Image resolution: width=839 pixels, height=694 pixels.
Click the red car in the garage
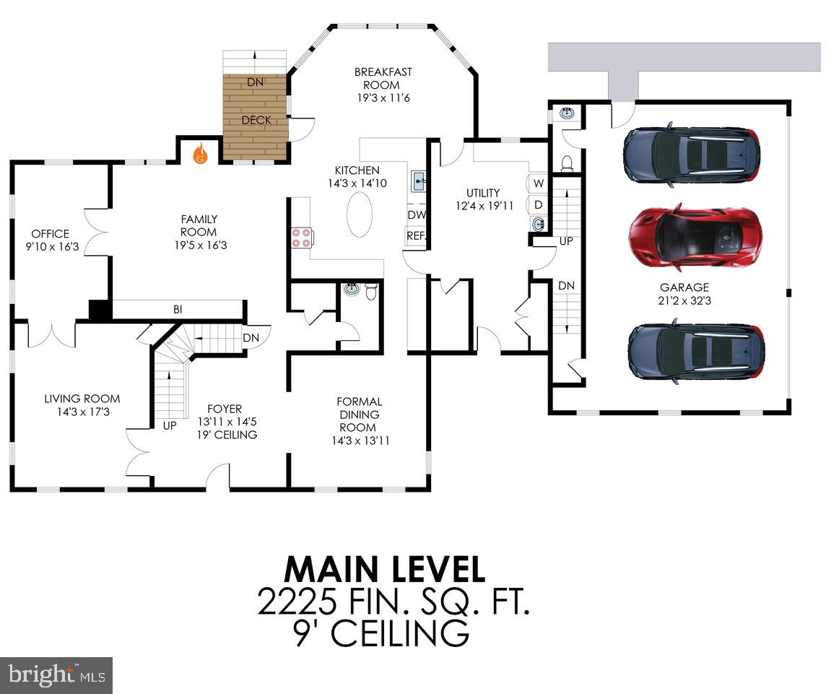(x=693, y=234)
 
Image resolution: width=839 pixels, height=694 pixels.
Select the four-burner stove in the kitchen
(x=301, y=238)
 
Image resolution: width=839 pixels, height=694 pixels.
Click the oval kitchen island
(x=360, y=215)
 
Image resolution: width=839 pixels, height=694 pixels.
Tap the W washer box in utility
(x=538, y=183)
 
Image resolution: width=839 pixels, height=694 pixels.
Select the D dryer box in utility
(x=538, y=204)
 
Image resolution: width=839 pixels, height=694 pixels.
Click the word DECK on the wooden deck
(x=256, y=121)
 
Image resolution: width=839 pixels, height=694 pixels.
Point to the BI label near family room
(x=177, y=310)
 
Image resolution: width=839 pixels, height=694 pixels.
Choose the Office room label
(x=50, y=234)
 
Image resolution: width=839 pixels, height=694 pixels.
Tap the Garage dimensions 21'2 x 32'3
(x=684, y=300)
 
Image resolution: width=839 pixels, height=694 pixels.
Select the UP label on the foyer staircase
(x=170, y=425)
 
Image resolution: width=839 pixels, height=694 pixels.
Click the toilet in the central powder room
(x=370, y=292)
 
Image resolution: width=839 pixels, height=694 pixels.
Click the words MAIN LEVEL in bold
(x=384, y=569)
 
